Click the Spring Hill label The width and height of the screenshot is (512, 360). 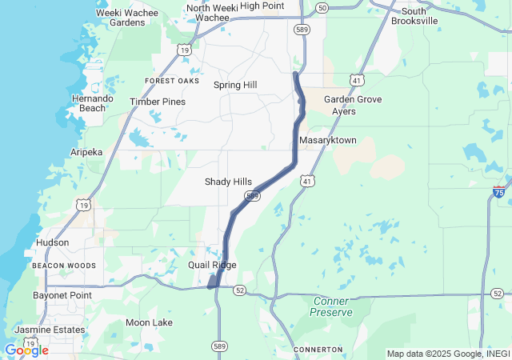point(235,85)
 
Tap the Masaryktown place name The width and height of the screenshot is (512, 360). point(327,141)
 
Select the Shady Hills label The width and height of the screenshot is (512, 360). point(228,182)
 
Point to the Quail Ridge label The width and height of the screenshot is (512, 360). point(212,265)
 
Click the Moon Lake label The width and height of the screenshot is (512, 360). point(149,322)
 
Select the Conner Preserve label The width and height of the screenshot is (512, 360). point(331,306)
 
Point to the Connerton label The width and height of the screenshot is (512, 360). point(318,350)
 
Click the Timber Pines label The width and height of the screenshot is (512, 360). point(158,102)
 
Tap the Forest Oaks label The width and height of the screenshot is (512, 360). point(172,81)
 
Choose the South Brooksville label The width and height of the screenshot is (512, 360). point(414,16)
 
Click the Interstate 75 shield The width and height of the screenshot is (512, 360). point(498,192)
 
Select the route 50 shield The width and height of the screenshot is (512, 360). point(322,7)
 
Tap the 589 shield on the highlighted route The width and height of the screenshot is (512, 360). point(253,196)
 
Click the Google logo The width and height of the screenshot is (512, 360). point(26,350)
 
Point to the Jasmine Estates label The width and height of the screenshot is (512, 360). point(50,330)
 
